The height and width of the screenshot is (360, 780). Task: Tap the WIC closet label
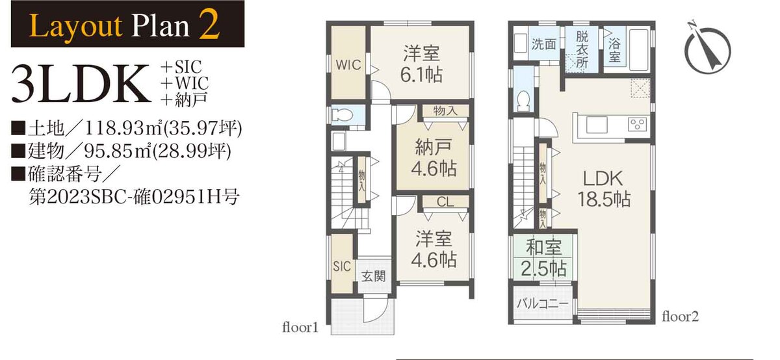[x=348, y=65]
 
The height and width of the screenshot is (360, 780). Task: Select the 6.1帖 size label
[x=421, y=75]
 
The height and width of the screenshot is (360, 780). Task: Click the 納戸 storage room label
[x=434, y=148]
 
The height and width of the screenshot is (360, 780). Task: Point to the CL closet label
[x=445, y=201]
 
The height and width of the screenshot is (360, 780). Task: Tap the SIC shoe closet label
[x=342, y=266]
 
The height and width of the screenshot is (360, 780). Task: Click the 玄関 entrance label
[x=373, y=276]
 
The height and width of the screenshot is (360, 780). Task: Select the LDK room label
[x=603, y=179]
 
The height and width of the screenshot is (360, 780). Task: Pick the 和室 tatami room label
[x=543, y=248]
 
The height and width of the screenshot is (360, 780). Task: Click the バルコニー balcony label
[x=542, y=303]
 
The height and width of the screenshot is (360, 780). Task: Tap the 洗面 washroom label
[x=543, y=44]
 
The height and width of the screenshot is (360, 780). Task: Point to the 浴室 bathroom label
[x=615, y=50]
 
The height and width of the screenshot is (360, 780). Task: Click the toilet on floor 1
[x=343, y=114]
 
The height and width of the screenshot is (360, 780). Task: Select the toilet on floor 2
[x=524, y=100]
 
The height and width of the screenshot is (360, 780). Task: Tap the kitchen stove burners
[x=638, y=124]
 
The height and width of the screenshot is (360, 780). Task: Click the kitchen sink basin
[x=597, y=125]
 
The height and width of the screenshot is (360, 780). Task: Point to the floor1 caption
[x=300, y=328]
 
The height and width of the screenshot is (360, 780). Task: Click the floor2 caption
[x=680, y=316]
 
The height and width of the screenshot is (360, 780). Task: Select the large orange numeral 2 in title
[x=209, y=25]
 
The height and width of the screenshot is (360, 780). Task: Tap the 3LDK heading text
[x=81, y=84]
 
